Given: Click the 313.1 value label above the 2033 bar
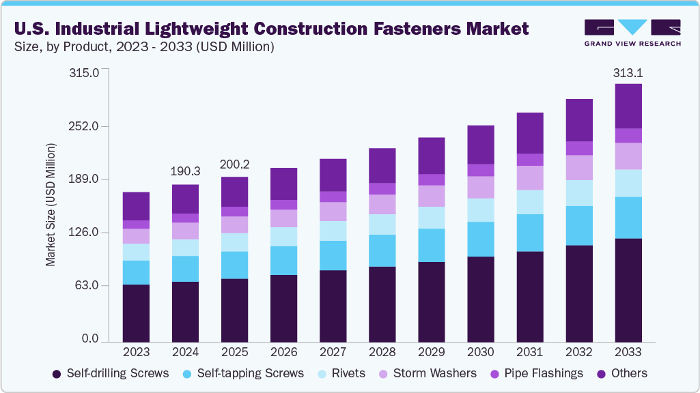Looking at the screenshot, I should click(x=628, y=73).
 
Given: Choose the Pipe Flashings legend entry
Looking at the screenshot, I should click(x=537, y=373).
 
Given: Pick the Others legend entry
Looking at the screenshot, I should click(x=622, y=373).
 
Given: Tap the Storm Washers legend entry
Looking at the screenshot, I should click(x=428, y=373).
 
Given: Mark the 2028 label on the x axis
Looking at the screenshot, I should click(x=382, y=352).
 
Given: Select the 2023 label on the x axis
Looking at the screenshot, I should click(x=136, y=352).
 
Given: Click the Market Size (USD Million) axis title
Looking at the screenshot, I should click(x=51, y=205).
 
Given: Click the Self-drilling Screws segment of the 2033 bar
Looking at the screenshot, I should click(x=628, y=289).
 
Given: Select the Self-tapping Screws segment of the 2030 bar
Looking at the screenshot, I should click(x=481, y=239).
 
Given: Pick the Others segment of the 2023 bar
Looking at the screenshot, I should click(x=136, y=206).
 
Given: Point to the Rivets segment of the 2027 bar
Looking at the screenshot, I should click(x=333, y=231).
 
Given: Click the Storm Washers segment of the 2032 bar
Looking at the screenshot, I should click(x=579, y=167).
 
